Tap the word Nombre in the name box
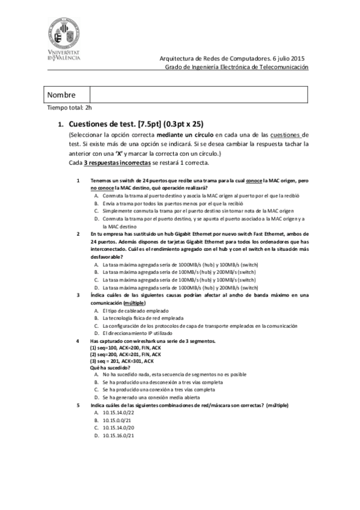(x=61, y=95)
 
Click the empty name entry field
(x=198, y=95)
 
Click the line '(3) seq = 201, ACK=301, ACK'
(x=121, y=361)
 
